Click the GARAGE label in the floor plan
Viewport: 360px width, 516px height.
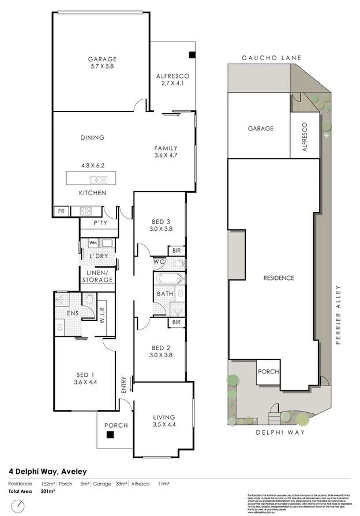point(102,59)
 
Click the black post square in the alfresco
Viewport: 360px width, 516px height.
point(192,55)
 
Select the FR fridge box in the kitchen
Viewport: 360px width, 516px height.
point(61,211)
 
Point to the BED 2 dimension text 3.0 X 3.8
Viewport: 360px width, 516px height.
point(160,356)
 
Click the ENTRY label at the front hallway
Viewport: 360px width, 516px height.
point(123,385)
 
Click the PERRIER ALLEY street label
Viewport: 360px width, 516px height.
point(339,315)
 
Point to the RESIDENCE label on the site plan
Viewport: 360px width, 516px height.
point(279,278)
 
